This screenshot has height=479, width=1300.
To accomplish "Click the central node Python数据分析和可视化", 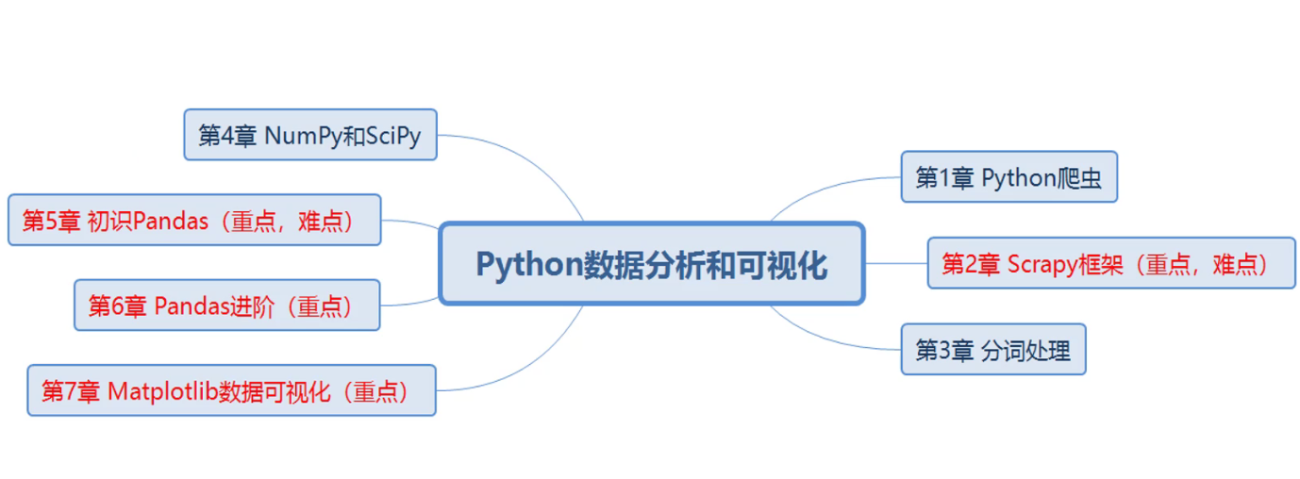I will (651, 264).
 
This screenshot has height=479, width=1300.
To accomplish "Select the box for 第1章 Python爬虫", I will (1008, 177).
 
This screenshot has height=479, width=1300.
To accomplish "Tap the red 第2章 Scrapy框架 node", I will (1110, 263).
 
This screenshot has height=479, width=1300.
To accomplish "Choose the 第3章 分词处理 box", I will (992, 350).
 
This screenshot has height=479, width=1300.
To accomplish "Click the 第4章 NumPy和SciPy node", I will (309, 135).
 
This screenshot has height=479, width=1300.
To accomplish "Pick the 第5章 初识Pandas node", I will (194, 221).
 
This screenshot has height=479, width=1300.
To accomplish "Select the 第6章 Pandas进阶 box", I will (226, 306).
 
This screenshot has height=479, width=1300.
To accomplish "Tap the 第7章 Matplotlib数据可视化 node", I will (231, 390).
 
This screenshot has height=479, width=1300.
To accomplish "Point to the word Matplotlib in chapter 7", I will (162, 391).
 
